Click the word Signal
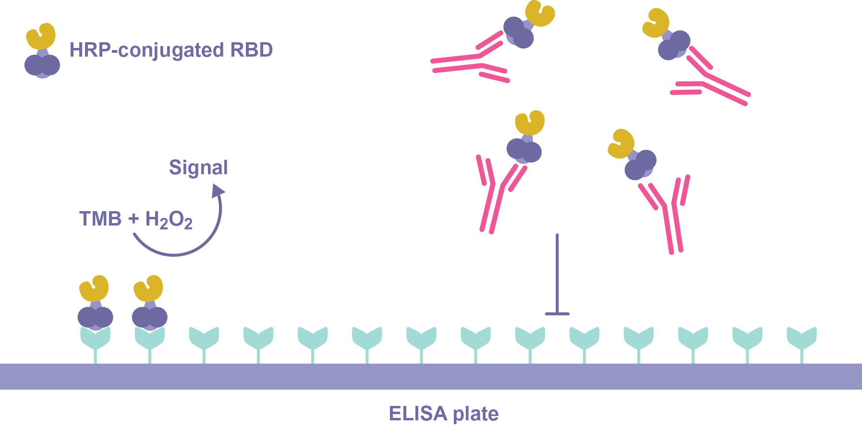[198, 167]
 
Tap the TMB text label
[100, 219]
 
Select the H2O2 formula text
[169, 220]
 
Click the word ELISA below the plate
[417, 414]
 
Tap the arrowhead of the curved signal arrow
[219, 191]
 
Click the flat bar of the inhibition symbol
[557, 314]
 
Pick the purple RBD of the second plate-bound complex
[150, 317]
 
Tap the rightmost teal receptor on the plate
[801, 338]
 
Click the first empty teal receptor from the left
[204, 338]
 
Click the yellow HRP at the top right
[656, 23]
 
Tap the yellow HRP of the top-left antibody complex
[540, 13]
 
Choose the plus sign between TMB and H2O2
[134, 219]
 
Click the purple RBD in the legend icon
[42, 65]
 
